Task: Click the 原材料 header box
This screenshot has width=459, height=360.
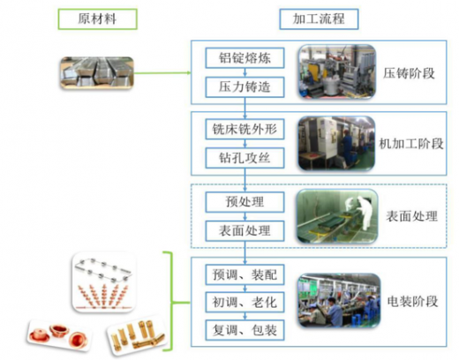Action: [97, 19]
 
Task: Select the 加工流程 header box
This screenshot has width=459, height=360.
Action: [319, 19]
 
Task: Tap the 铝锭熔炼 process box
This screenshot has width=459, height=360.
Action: [245, 58]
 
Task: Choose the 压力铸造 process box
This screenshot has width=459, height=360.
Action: [245, 87]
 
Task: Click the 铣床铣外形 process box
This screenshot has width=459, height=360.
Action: [245, 129]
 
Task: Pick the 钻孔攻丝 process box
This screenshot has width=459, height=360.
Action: [245, 158]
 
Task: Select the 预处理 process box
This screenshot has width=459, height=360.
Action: [245, 202]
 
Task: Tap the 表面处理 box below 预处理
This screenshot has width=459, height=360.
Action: [245, 231]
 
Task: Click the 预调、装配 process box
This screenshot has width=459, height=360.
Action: [245, 274]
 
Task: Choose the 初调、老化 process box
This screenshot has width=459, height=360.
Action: [245, 302]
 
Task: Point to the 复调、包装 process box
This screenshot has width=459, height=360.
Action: [245, 330]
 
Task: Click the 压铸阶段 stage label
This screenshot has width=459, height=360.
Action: [409, 73]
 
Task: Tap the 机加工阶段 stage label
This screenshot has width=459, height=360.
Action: [411, 144]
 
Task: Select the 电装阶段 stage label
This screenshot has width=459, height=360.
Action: [412, 302]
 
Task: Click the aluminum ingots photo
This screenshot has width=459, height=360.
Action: [97, 73]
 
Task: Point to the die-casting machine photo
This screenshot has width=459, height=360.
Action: [337, 71]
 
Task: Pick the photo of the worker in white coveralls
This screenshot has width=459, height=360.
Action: [337, 216]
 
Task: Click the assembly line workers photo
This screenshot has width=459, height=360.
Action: [339, 300]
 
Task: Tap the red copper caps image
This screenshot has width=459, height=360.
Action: [60, 335]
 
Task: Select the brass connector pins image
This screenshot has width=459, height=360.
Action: [137, 335]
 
